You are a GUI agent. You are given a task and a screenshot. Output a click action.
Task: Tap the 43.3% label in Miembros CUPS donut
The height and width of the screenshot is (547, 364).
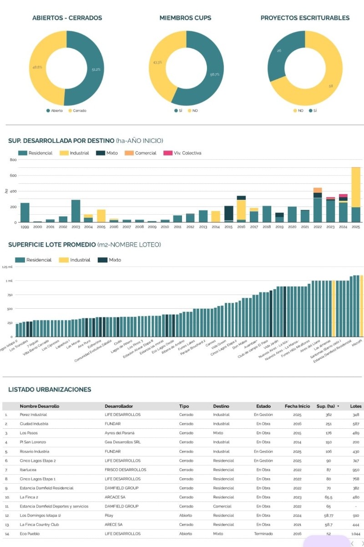coord(157,62)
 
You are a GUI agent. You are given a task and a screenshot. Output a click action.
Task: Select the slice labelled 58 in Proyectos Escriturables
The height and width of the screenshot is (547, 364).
coord(330,86)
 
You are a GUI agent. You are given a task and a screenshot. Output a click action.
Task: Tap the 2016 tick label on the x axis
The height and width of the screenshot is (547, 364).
coord(241,226)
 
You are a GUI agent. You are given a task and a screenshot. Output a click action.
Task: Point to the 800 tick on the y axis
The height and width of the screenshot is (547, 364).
coord(13,160)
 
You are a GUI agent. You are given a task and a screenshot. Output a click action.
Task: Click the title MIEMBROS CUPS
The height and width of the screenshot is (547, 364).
coord(185,18)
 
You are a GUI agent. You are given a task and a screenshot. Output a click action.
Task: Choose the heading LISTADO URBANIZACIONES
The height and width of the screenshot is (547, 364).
coord(50,390)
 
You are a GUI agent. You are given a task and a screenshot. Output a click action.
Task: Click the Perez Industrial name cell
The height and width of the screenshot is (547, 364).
coord(33,415)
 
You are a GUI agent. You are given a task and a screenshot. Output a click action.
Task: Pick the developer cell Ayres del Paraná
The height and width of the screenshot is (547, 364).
coord(119,433)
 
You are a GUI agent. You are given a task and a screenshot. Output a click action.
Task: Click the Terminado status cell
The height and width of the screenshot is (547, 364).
coord(263,534)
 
